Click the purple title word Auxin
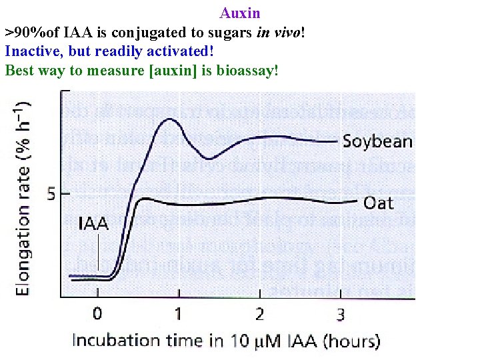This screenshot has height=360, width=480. tap(240, 13)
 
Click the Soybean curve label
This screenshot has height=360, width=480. tap(377, 141)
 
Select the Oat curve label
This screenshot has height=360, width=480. tap(378, 201)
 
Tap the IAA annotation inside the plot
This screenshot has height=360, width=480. tap(93, 224)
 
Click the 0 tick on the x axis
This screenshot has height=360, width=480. tap(97, 313)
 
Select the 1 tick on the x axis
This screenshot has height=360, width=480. tap(178, 313)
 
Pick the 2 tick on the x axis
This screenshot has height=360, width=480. tap(259, 313)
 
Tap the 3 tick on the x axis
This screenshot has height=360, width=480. tap(340, 313)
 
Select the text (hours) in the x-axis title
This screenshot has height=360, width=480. tap(351, 341)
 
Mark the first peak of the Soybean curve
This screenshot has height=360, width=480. tap(169, 120)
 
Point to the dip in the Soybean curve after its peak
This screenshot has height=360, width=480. tap(209, 158)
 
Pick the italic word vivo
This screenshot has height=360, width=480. tap(287, 32)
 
